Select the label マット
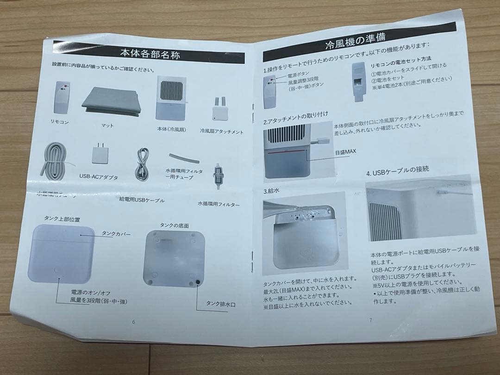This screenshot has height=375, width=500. [x=107, y=125]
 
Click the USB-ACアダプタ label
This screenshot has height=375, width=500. [x=99, y=177]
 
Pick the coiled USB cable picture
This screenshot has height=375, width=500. [x=142, y=166]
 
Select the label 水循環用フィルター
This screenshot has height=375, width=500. [x=219, y=204]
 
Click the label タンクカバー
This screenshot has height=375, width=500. [x=116, y=234]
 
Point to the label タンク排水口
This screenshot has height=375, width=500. [x=221, y=304]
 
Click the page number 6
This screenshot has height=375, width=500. [x=133, y=322]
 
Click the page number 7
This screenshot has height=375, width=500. [x=370, y=319]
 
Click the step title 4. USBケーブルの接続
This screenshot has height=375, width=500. [x=397, y=170]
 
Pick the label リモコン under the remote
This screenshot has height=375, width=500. [x=59, y=122]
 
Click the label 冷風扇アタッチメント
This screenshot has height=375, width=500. [x=222, y=131]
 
